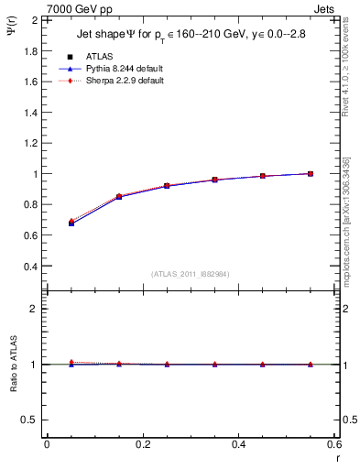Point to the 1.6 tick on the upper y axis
click(x=33, y=82)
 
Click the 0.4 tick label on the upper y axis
click(x=33, y=267)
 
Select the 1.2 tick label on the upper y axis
click(x=33, y=143)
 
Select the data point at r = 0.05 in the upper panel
click(x=71, y=223)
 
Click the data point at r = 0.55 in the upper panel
click(x=311, y=174)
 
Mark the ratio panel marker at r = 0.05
click(x=71, y=363)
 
